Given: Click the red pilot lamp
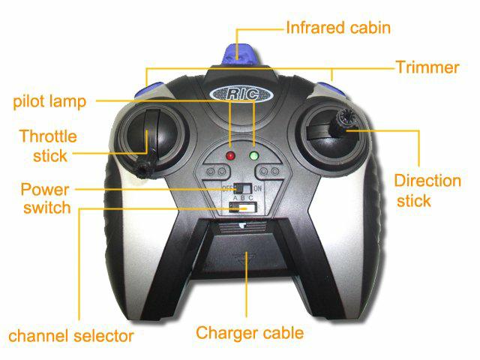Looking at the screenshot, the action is point(230,156).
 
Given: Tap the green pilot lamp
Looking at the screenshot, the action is point(254,156).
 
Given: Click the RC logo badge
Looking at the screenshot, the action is point(241,94).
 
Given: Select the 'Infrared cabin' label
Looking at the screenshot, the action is point(338,28).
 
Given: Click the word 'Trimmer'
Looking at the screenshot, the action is point(427,67).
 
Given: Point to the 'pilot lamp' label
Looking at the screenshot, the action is point(49,102).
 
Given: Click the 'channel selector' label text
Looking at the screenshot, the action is point(71,336).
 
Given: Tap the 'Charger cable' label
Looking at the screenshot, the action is point(250,333).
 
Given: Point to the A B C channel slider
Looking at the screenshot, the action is point(243,208).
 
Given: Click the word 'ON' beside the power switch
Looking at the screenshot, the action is point(257,188).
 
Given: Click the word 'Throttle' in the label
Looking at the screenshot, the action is point(48,136).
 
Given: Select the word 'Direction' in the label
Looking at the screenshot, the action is point(427,181).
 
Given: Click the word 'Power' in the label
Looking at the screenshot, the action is point(45,190).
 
